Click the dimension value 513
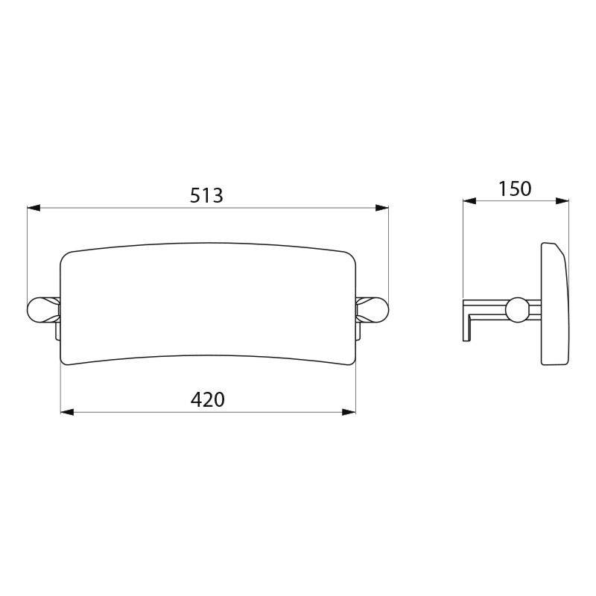click(x=207, y=195)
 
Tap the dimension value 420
click(x=208, y=400)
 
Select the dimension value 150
click(x=515, y=188)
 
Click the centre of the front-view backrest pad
click(x=208, y=308)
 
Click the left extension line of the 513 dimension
click(x=28, y=253)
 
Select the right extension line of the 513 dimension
click(x=389, y=253)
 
